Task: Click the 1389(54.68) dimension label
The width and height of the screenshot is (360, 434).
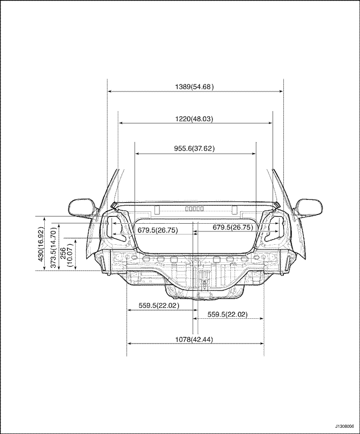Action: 194,86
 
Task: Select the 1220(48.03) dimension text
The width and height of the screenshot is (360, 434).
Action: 194,119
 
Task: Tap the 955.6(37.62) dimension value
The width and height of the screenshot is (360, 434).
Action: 194,149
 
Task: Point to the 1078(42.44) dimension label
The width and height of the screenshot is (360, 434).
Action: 194,339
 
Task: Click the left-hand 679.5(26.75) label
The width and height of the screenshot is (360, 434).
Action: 157,230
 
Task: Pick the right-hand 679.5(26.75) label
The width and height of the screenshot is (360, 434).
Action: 233,227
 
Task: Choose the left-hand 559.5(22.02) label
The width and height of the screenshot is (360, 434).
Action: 159,305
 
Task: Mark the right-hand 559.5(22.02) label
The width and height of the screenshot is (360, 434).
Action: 227,314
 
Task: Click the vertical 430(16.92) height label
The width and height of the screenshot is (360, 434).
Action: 41,244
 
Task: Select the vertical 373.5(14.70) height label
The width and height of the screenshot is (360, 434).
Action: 54,247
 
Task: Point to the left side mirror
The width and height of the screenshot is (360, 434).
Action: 83,207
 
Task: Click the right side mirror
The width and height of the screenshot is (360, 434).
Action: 308,207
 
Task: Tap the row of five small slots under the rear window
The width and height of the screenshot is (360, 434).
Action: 194,208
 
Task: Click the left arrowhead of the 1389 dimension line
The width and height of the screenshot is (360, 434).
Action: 110,91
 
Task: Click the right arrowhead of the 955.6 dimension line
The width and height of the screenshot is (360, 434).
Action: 254,153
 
